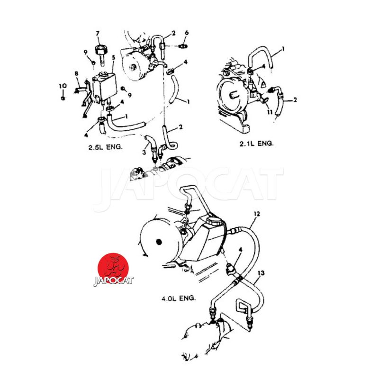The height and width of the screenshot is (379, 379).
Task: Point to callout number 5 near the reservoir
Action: [x=113, y=57]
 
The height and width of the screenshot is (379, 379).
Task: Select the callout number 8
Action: [x=76, y=73]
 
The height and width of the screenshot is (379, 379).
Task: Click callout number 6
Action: [x=187, y=33]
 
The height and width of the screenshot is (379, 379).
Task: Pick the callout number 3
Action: [x=144, y=152]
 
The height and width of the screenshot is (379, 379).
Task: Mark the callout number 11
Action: [x=270, y=112]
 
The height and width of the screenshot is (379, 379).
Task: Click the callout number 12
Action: [x=256, y=214]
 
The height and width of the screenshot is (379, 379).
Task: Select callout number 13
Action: [x=261, y=273]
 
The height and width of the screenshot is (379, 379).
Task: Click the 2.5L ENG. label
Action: [x=105, y=147]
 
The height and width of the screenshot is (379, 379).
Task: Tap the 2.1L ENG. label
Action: [x=257, y=143]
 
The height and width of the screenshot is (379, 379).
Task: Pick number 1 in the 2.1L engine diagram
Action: [x=283, y=48]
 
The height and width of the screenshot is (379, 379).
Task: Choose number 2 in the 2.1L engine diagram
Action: [x=295, y=100]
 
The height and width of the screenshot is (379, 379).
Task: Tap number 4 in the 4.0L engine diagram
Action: [x=241, y=249]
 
